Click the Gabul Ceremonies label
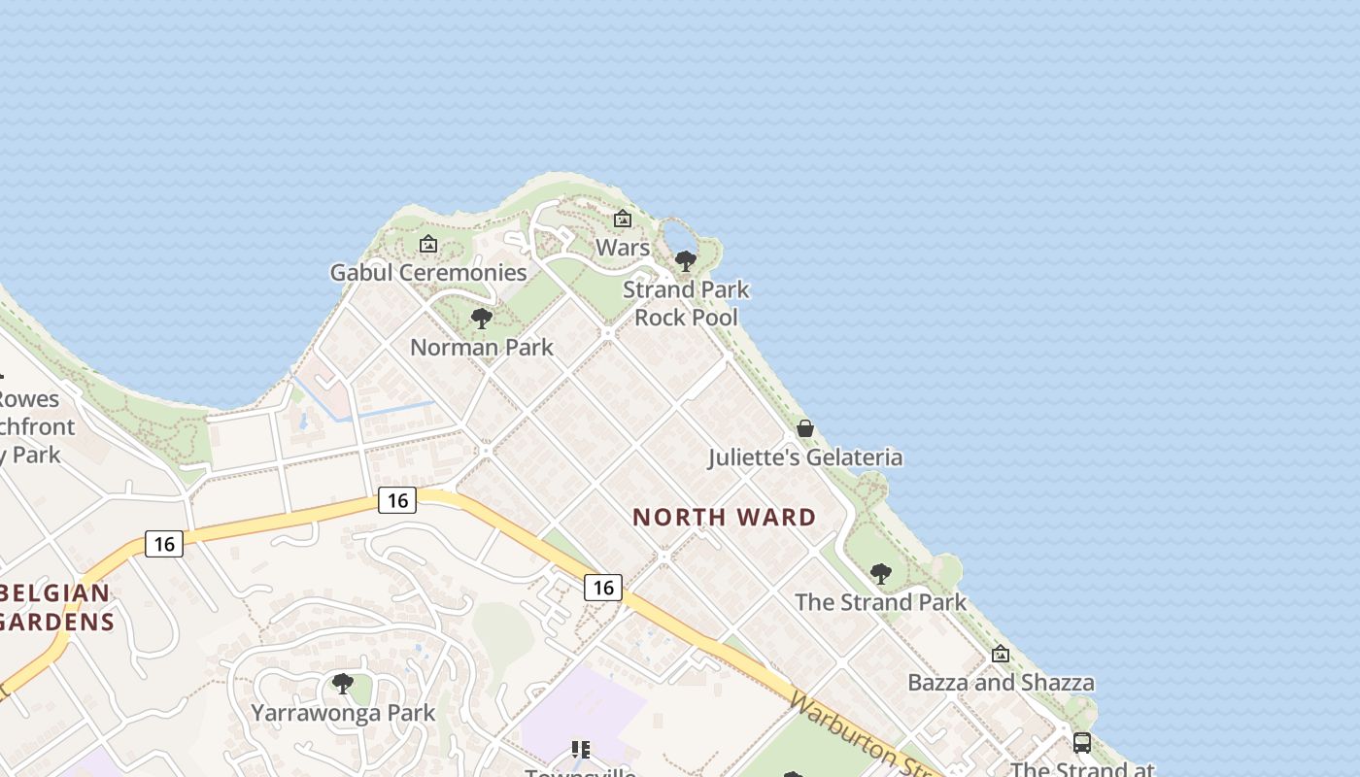coord(428,272)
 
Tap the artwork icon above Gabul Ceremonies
coord(427,244)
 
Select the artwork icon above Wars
coord(623,219)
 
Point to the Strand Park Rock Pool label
coord(686,303)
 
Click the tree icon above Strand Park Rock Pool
coord(686,260)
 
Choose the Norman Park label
coord(482,347)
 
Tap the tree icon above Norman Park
coord(481,318)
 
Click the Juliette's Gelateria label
coord(805,456)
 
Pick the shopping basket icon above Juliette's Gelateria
coord(805,427)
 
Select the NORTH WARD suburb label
coord(725,517)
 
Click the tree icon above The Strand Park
coord(881,573)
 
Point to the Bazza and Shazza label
coord(1001,682)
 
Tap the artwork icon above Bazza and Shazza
coord(1001,654)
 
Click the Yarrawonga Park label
coord(343,712)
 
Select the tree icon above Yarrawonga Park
coord(342,684)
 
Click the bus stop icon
coord(1081,743)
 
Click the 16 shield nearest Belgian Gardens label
coord(164,544)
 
